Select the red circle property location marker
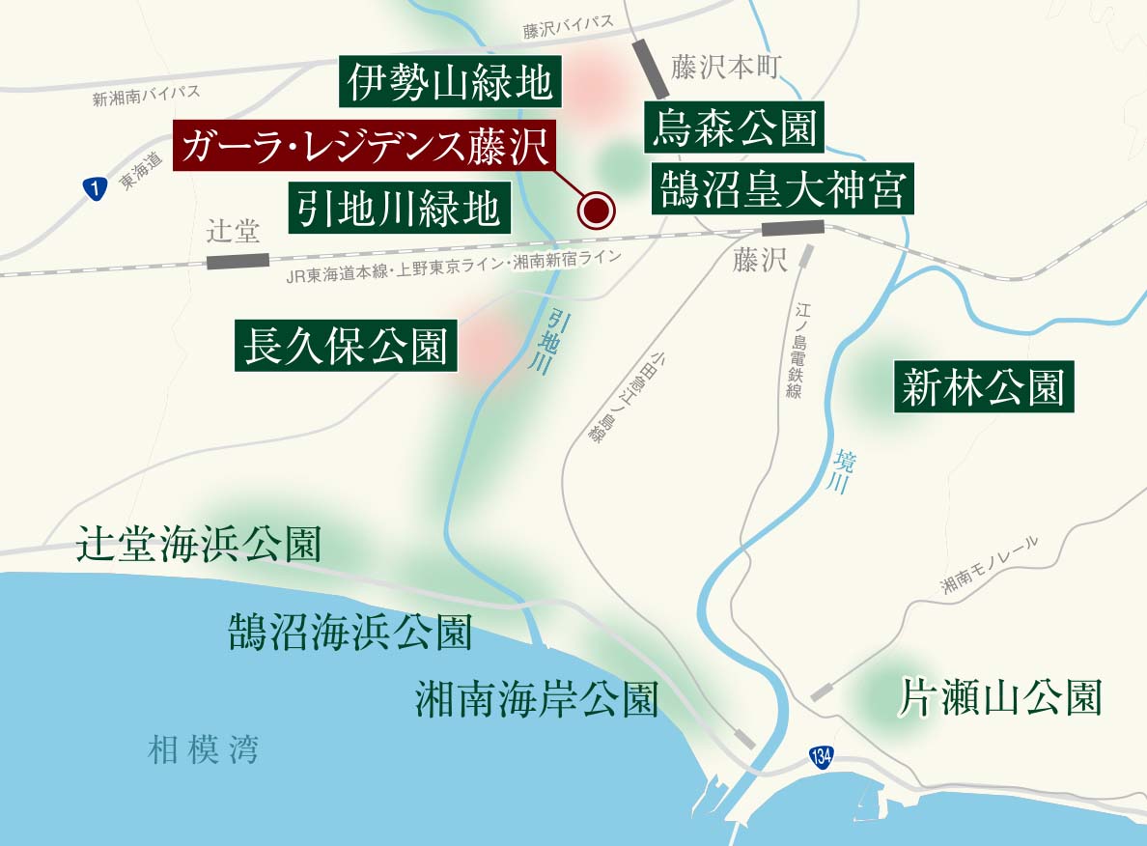[x=596, y=209]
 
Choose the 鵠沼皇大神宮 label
[x=782, y=189]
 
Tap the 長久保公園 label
[x=345, y=347]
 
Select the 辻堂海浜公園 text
[x=199, y=546]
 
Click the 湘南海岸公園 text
[x=537, y=699]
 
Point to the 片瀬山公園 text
[x=1000, y=697]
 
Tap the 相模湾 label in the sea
[x=204, y=750]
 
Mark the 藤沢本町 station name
[x=725, y=67]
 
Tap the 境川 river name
[x=838, y=471]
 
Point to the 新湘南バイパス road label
[x=146, y=95]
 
